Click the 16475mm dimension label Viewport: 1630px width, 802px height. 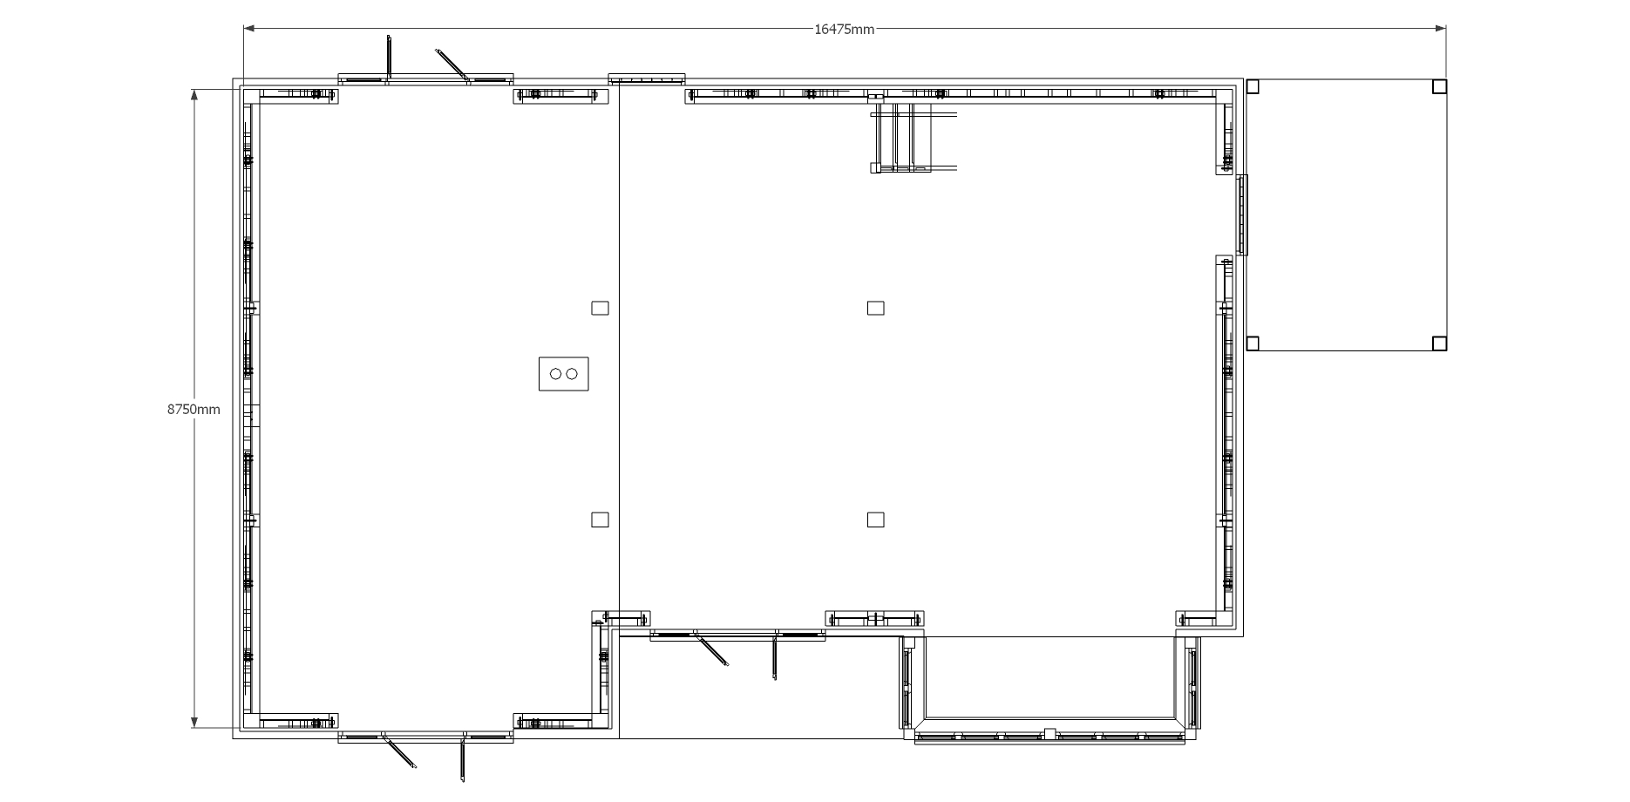point(844,29)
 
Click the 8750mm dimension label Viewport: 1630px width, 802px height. point(194,409)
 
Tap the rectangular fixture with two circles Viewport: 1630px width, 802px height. point(563,374)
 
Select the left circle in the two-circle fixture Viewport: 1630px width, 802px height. point(555,374)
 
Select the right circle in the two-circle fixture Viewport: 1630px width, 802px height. point(572,374)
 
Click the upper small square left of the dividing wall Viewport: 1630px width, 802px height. point(600,308)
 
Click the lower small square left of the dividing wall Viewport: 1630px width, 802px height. point(600,520)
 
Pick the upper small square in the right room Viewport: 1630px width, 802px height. point(875,308)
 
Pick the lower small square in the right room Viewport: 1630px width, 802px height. point(875,520)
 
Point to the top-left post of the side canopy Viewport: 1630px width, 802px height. point(1253,86)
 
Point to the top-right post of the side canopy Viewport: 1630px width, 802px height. point(1439,86)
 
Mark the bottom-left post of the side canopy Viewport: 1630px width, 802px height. point(1253,343)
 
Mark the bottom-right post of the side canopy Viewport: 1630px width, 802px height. point(1439,343)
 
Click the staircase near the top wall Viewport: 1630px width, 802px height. point(913,138)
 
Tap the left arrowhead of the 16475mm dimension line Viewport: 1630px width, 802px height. point(249,29)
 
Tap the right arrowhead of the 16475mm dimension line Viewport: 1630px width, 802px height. point(1440,29)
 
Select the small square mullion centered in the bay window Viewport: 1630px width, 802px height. point(1049,733)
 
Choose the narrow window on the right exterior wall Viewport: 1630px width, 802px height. point(1243,214)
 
